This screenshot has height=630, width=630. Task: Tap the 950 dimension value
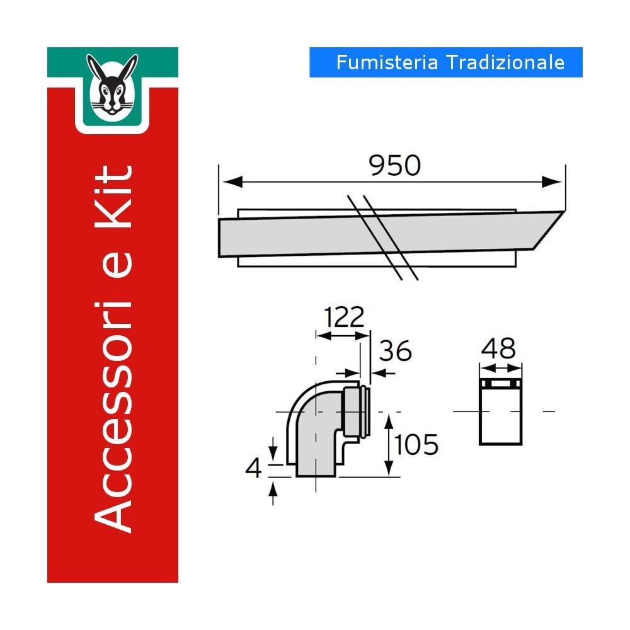point(394,165)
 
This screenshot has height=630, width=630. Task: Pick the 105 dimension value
point(416,445)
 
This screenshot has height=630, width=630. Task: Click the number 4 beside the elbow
point(254,468)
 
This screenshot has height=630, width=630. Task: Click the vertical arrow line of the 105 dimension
point(389,445)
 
